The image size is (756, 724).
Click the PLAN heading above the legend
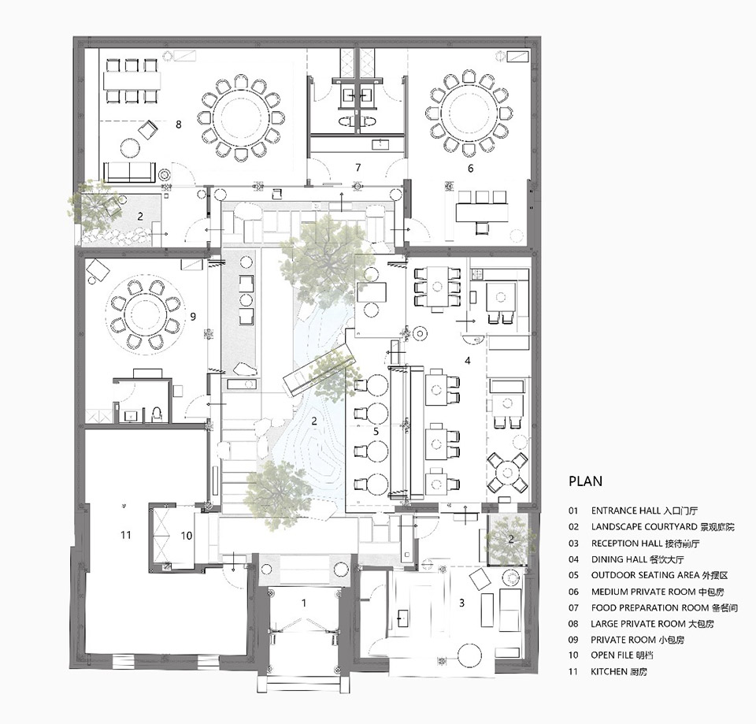click(x=585, y=481)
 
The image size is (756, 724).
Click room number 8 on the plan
click(x=179, y=124)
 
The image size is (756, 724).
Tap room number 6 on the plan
click(x=471, y=169)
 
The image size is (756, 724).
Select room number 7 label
click(x=358, y=167)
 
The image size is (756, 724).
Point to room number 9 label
click(x=193, y=317)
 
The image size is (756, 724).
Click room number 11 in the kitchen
click(x=126, y=534)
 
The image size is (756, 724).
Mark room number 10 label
click(x=187, y=536)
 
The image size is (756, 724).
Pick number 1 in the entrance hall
click(x=304, y=603)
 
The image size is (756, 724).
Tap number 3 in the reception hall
click(x=462, y=603)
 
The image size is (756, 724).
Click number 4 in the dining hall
click(x=467, y=360)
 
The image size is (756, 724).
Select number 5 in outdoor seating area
click(x=376, y=431)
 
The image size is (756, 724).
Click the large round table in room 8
click(x=241, y=117)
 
